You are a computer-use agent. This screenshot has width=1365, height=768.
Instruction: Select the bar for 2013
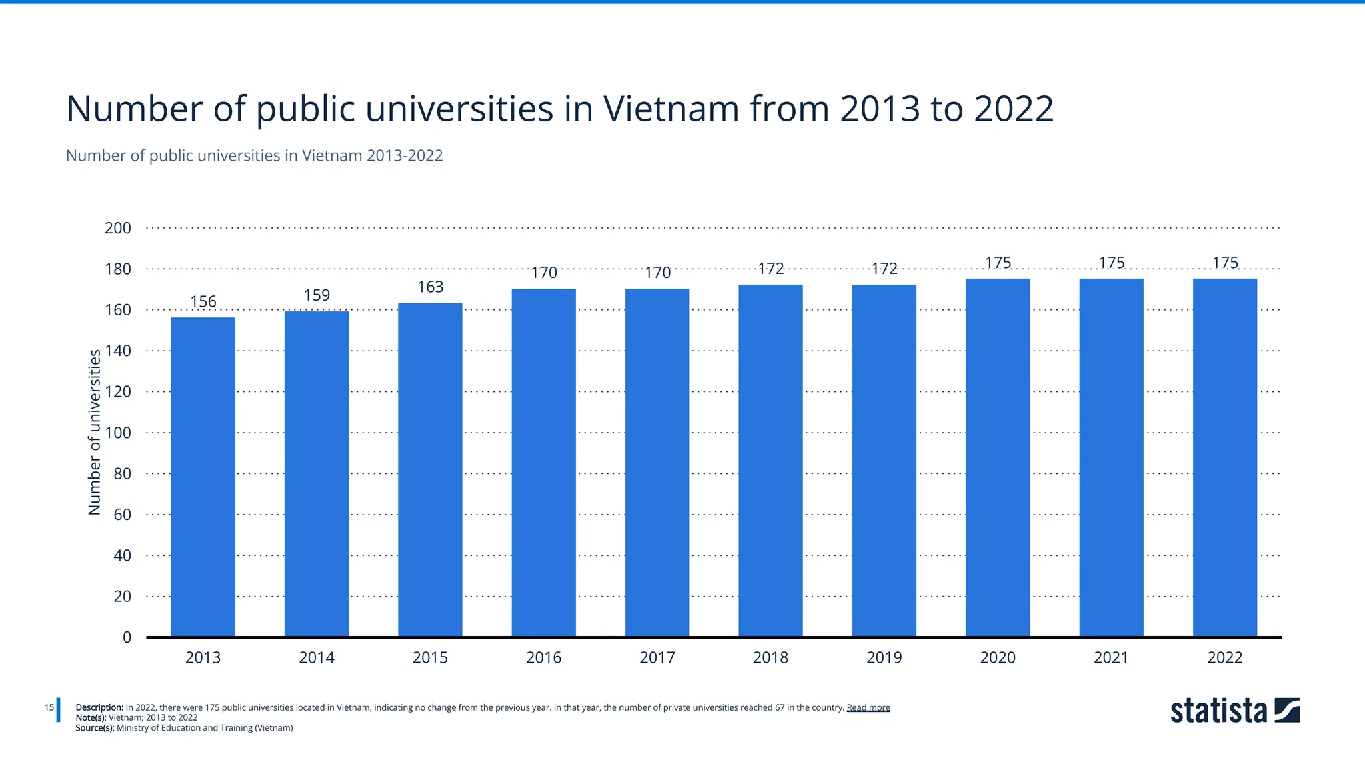coord(203,477)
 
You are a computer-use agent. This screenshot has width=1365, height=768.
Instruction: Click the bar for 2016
coord(543,463)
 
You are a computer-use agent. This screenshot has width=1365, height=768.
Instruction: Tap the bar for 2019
coord(884,461)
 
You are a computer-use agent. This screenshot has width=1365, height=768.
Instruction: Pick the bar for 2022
coord(1224,457)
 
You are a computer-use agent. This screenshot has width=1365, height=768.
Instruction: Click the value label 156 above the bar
coord(203,302)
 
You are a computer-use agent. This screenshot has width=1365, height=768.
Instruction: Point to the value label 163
coord(430,287)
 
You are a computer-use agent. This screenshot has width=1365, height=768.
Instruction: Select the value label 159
coord(317,295)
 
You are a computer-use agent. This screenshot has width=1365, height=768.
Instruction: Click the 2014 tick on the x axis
coord(317,658)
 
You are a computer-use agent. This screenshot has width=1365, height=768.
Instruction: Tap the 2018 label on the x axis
coord(770,658)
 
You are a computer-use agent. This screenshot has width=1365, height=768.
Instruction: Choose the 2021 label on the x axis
coord(1111,658)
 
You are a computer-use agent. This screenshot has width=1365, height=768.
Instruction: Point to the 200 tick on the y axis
coord(118,228)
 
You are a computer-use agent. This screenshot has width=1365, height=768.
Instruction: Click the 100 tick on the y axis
coord(118,433)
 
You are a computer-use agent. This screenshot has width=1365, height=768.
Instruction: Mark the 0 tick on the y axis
coord(127,637)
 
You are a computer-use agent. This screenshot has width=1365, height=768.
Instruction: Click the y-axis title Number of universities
coord(95,432)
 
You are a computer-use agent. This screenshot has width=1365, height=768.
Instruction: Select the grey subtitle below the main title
coord(254,156)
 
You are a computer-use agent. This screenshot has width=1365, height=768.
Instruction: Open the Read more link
coord(868,708)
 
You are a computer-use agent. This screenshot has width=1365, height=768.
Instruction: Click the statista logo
coord(1234,711)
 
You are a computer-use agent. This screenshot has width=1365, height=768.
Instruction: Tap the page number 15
coord(49,707)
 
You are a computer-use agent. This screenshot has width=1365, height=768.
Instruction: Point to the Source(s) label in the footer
coord(95,728)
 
